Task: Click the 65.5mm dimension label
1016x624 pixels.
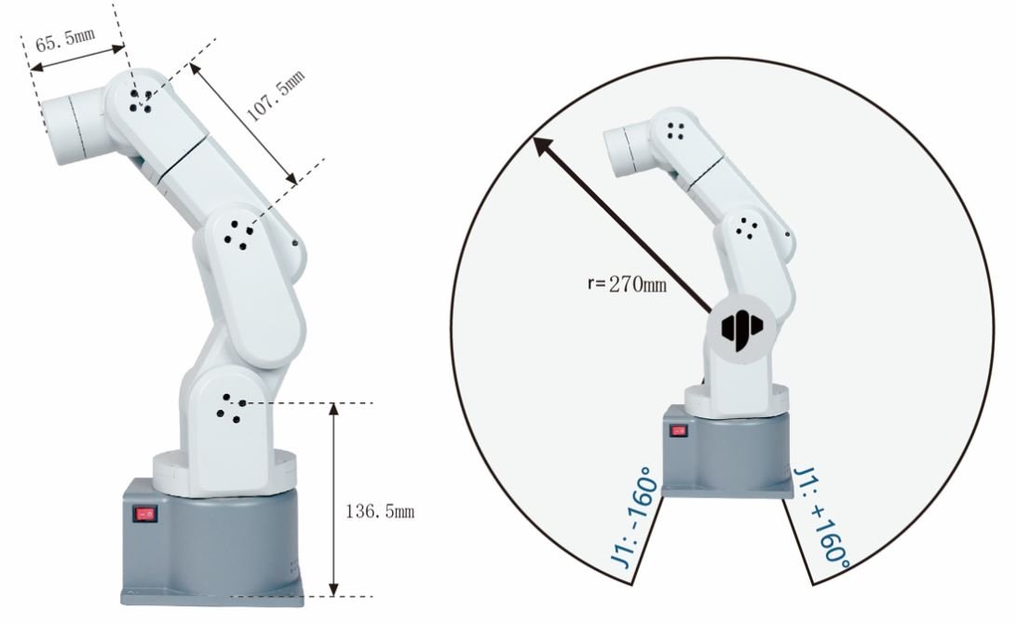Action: click(x=65, y=40)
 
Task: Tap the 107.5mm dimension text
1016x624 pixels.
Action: click(x=276, y=97)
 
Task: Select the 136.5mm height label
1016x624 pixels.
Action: click(x=380, y=511)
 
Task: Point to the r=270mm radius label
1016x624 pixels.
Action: click(x=628, y=284)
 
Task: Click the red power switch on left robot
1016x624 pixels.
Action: click(x=145, y=514)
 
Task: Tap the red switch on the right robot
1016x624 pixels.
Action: click(x=678, y=430)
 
